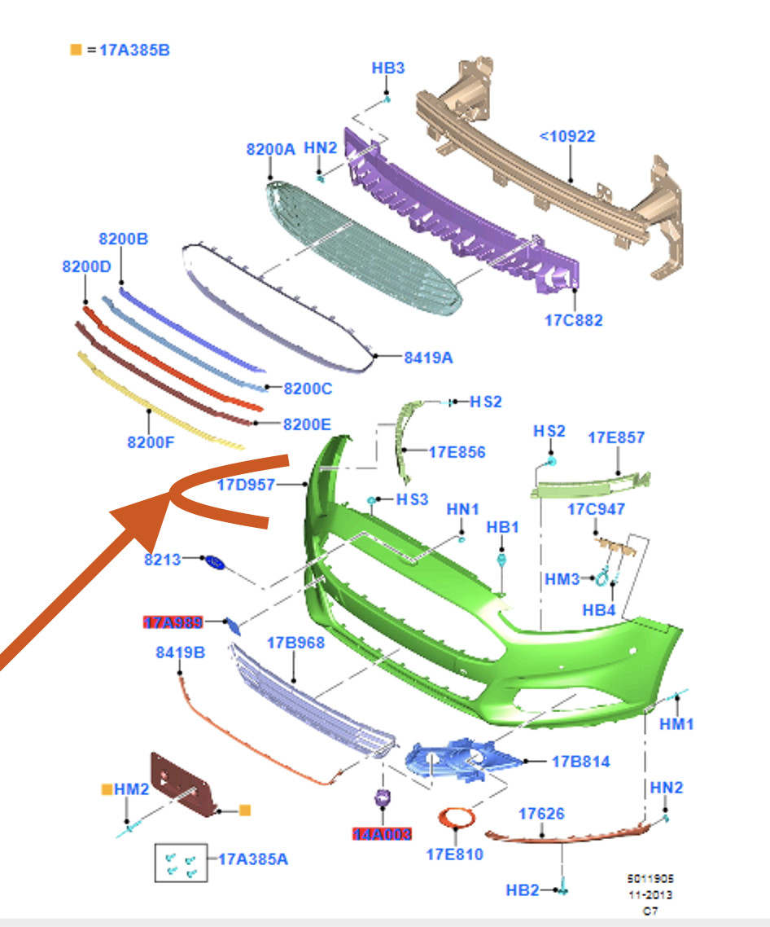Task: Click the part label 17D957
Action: click(247, 485)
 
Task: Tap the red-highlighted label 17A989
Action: click(173, 622)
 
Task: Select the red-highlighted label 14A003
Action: click(382, 834)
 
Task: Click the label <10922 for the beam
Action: click(567, 136)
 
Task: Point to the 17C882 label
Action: click(574, 320)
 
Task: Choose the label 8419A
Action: click(428, 356)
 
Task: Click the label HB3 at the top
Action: click(388, 68)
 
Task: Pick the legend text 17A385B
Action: click(134, 50)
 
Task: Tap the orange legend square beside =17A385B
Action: click(76, 50)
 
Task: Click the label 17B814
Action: click(580, 762)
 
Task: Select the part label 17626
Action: click(541, 813)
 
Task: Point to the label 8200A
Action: click(271, 149)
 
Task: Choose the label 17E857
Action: click(616, 438)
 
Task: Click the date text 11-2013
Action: click(650, 894)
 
